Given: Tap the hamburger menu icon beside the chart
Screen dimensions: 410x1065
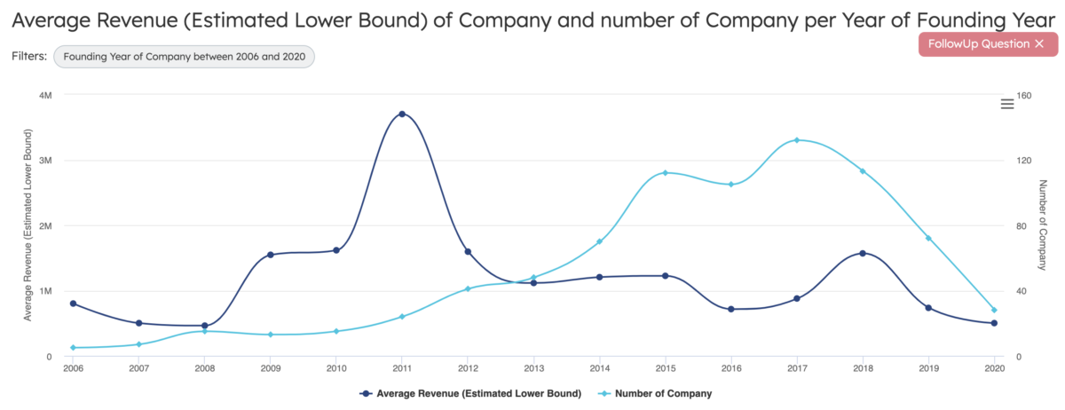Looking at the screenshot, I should click(x=1007, y=104).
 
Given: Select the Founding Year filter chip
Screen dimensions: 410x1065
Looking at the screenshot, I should click(x=184, y=56).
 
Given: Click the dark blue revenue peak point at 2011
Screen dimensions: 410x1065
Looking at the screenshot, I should click(x=402, y=114).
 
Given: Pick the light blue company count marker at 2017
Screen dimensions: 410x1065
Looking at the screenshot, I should click(x=797, y=140).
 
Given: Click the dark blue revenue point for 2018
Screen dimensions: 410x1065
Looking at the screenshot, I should click(x=863, y=253).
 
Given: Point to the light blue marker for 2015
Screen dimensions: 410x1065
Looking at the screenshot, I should click(x=666, y=172).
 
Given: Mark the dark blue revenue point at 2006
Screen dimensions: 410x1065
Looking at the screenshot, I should click(x=73, y=304).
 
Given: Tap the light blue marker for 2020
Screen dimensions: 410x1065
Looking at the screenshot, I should click(x=994, y=310).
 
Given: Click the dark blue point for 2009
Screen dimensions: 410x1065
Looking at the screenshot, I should click(x=271, y=255).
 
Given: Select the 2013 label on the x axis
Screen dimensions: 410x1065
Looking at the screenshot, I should click(x=533, y=368).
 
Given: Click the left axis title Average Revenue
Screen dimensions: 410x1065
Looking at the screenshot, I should click(x=28, y=225).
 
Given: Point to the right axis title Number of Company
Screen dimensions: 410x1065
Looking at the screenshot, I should click(x=1044, y=225).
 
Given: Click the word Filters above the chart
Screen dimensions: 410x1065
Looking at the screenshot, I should click(x=28, y=56).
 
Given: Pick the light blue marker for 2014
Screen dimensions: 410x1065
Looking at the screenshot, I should click(x=600, y=241).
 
